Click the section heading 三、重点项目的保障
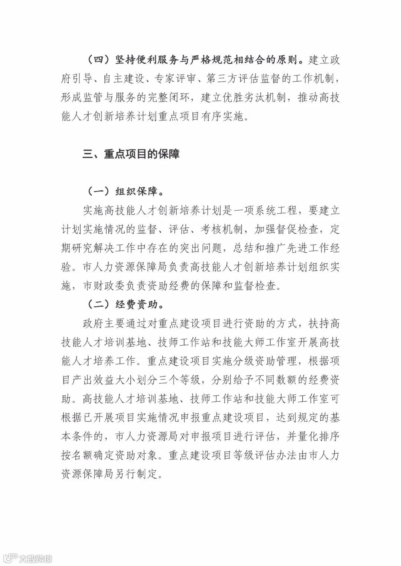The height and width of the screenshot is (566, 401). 131,154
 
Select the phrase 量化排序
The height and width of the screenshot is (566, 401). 314,437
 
